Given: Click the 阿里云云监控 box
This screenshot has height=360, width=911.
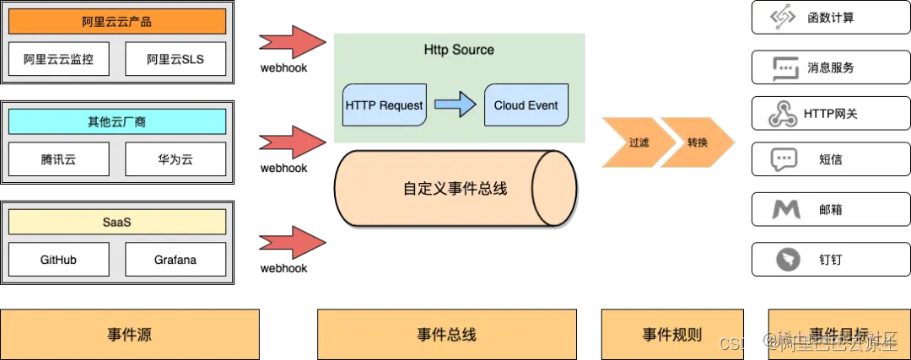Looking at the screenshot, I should tap(59, 59).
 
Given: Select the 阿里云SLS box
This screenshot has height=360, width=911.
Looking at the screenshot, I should tap(175, 59).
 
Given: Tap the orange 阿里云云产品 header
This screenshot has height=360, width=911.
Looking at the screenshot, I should tap(117, 21).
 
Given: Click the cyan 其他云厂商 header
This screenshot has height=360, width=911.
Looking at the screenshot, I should tap(117, 121).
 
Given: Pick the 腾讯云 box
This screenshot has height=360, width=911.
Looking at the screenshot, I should tap(59, 159).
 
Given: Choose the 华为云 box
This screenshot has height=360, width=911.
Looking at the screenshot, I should tap(175, 159).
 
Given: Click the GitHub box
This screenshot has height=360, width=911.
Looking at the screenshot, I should tap(59, 260).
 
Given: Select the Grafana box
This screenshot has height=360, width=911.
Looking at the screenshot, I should tap(175, 260).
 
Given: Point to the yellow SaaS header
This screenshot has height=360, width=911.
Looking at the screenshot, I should tap(117, 222).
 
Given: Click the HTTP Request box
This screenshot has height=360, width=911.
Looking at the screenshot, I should tap(384, 105).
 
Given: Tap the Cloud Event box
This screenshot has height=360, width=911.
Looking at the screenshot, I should tap(526, 105).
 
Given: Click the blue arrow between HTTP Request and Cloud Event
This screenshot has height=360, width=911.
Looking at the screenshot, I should tap(455, 105).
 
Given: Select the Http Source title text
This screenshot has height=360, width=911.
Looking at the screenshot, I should tap(459, 50).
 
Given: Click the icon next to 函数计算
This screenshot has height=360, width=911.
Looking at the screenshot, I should tap(784, 18).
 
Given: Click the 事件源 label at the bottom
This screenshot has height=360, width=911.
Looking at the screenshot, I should tap(130, 334).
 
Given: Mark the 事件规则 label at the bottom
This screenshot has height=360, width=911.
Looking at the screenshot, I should tap(671, 334).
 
